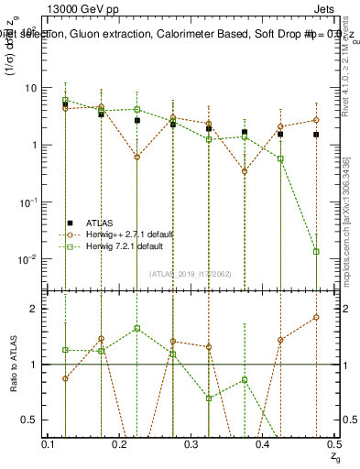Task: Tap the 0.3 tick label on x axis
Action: click(191, 444)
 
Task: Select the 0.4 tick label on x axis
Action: click(262, 444)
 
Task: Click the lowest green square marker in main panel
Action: click(316, 251)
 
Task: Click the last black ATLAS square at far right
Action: click(316, 135)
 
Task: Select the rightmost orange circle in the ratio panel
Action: click(316, 317)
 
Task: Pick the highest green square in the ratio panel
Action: click(136, 328)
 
